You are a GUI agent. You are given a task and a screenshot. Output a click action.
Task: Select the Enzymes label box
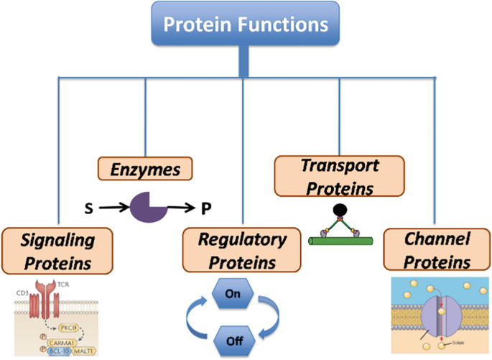146,170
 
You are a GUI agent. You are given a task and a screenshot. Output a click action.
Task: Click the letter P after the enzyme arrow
206,209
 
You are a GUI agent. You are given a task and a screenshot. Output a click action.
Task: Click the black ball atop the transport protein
335,211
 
